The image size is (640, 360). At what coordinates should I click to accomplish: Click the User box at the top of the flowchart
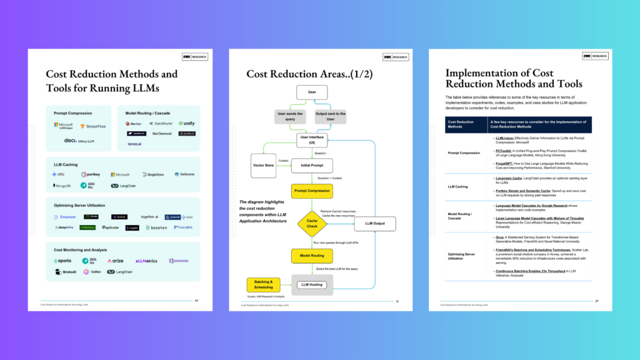pos(312,92)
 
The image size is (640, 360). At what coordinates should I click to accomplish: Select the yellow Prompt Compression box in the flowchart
pos(312,191)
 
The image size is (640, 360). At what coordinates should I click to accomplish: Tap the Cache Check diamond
pos(312,222)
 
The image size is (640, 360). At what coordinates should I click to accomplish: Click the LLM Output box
pos(375,223)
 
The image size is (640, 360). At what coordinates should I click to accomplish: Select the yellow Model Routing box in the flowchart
pos(312,256)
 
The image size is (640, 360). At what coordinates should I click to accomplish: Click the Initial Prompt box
pos(312,166)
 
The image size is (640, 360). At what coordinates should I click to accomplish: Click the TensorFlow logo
pos(94,126)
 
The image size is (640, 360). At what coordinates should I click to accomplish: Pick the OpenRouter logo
pos(159,124)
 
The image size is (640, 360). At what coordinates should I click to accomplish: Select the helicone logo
pos(184,174)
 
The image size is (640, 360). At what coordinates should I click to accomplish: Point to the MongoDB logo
pos(62,186)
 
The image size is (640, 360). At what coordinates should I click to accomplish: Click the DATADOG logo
pos(180,261)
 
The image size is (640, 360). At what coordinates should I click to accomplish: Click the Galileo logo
pos(92,272)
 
